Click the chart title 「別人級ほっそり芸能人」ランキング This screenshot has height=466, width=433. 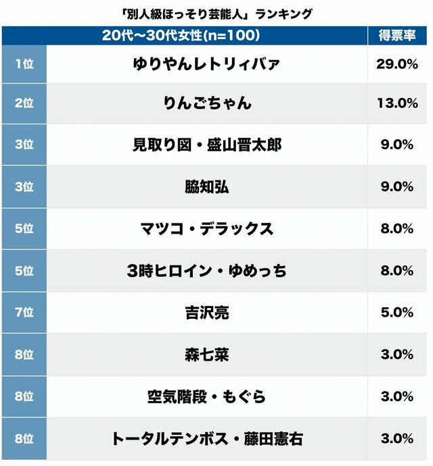216,14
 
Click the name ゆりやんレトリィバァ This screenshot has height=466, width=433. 207,64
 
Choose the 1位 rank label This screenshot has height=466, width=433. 24,64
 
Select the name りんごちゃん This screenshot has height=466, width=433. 207,103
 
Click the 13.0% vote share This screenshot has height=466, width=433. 396,103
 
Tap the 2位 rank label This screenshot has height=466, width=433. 24,103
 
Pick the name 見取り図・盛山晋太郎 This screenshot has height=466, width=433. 207,145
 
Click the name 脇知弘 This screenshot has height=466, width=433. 207,187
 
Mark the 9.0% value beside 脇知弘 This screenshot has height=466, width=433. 396,187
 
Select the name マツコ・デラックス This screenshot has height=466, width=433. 207,229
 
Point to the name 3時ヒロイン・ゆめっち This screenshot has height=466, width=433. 207,271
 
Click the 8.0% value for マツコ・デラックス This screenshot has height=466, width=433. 396,229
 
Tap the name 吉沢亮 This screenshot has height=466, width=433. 207,313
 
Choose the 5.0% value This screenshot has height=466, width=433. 396,313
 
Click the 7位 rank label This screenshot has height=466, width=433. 24,313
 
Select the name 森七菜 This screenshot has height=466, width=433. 207,355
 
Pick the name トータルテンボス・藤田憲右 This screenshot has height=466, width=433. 207,438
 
